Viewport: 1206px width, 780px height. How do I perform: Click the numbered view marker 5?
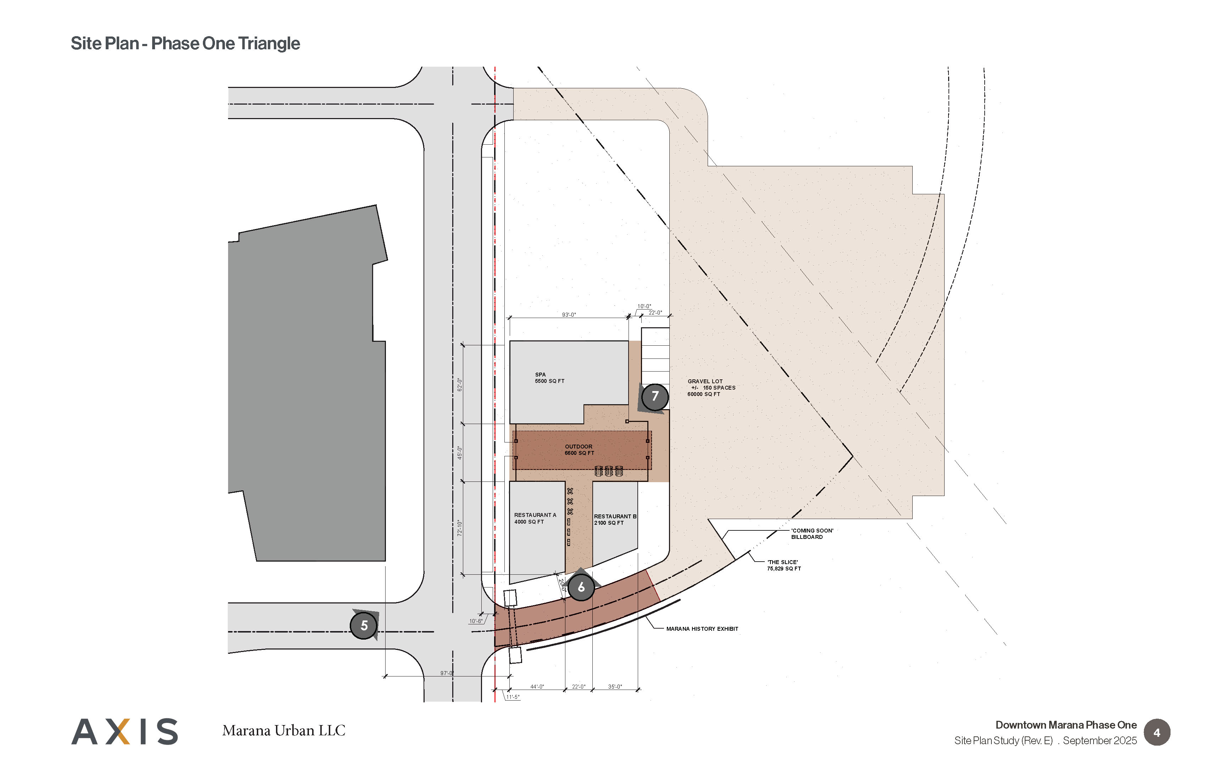tap(364, 625)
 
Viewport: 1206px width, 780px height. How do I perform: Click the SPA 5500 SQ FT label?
tap(549, 378)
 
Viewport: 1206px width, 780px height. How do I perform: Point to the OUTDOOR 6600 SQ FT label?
tap(579, 450)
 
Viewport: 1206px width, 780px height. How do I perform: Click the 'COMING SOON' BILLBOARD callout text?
tap(812, 534)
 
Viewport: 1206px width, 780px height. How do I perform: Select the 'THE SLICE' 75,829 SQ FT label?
tap(784, 565)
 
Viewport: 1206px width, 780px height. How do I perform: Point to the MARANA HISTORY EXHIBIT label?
tap(702, 629)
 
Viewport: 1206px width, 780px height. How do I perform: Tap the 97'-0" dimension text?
tap(447, 673)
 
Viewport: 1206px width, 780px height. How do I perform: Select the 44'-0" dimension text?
tap(537, 687)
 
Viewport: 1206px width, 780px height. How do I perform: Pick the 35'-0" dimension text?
tap(615, 687)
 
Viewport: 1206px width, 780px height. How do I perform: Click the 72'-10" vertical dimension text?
tap(460, 528)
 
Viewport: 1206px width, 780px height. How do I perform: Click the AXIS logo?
tap(125, 731)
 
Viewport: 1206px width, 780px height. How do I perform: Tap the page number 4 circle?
tap(1157, 732)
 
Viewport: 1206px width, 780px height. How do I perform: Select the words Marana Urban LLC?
tap(284, 730)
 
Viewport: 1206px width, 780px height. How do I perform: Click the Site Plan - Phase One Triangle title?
tap(186, 44)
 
